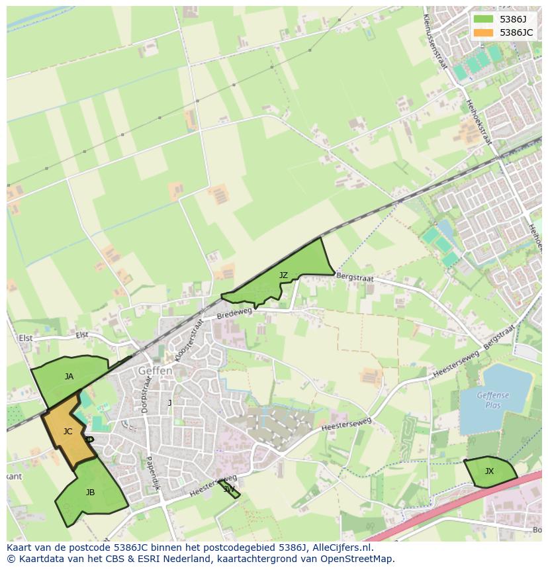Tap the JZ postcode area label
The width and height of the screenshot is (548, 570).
[283, 275]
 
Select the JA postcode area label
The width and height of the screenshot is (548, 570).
[69, 377]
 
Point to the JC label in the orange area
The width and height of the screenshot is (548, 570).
[68, 432]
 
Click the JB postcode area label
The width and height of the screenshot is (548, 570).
[90, 493]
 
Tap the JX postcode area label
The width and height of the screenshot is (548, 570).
[489, 471]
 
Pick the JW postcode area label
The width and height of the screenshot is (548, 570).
[229, 489]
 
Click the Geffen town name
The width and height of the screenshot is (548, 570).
[155, 371]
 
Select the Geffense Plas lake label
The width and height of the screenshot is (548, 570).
[493, 400]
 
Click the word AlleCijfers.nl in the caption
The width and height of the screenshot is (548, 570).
[340, 547]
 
